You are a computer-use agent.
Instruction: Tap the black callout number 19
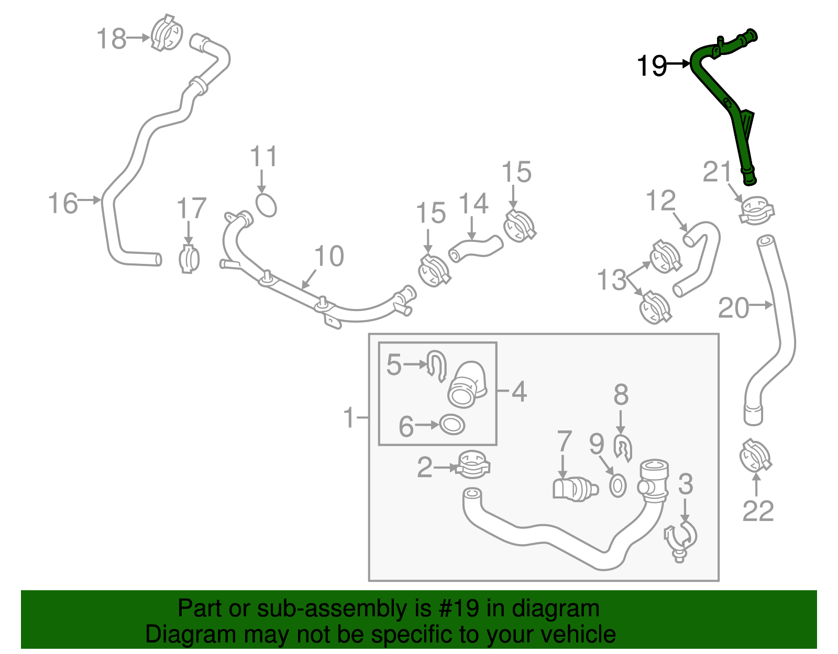click(x=652, y=66)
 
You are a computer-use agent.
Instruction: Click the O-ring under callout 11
click(x=266, y=205)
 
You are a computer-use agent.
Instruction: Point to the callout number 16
click(x=63, y=203)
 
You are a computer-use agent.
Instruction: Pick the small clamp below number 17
click(x=189, y=258)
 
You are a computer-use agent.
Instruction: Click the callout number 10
click(x=329, y=256)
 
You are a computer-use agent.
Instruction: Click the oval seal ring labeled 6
click(x=451, y=424)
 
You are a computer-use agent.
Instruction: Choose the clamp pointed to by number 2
click(x=473, y=465)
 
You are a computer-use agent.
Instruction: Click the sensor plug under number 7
click(x=574, y=489)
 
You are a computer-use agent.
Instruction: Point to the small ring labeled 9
click(x=618, y=486)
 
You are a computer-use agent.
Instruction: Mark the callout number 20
click(x=733, y=308)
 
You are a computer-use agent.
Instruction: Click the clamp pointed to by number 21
click(x=756, y=210)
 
